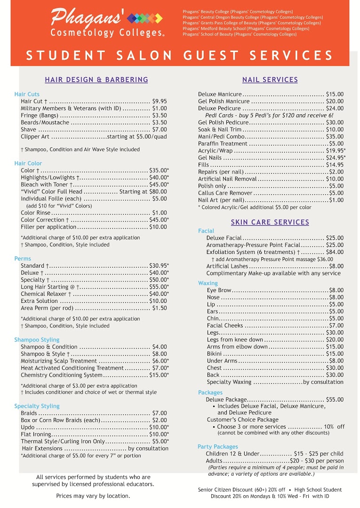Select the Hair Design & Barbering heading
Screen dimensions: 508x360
(96, 80)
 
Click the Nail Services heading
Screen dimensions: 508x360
(270, 80)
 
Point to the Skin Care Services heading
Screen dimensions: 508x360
(270, 222)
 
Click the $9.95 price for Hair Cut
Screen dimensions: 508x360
(160, 101)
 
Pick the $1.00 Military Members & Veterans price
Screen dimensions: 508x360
(160, 108)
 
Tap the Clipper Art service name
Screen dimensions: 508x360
(35, 136)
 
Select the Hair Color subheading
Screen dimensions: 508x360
(28, 163)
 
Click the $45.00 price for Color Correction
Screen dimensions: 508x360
(158, 220)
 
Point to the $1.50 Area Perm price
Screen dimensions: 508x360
(160, 308)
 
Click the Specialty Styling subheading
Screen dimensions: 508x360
(37, 406)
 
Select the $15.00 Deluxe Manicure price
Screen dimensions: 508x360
(335, 94)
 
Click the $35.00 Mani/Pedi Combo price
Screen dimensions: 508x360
(335, 136)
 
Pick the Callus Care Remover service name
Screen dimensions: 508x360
(225, 193)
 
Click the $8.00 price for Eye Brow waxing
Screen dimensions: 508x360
(336, 290)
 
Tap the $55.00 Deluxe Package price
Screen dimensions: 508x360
(335, 399)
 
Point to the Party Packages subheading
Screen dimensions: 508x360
(218, 446)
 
